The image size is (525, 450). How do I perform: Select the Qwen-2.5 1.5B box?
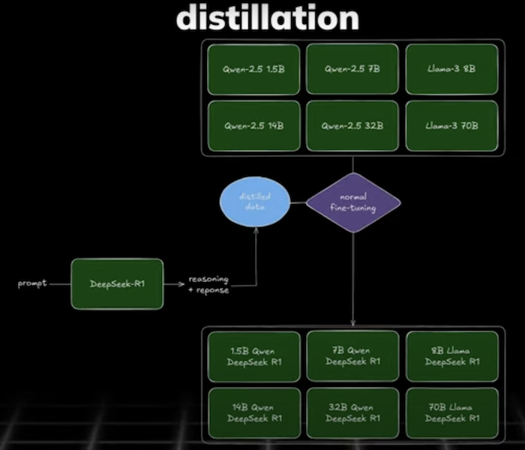point(253,69)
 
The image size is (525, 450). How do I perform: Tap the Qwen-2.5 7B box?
point(352,69)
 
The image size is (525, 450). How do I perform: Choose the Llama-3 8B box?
point(451,69)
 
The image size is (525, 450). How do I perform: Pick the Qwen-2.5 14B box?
point(253,125)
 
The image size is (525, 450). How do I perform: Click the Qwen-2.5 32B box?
point(352,125)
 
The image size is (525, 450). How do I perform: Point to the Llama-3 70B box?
point(451,125)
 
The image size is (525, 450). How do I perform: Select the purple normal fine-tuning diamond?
point(352,202)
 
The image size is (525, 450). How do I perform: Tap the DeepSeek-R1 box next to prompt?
point(116,284)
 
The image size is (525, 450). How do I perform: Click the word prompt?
point(32,283)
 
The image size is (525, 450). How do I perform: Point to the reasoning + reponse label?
point(208,284)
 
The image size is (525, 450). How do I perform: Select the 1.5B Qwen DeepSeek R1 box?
point(253,356)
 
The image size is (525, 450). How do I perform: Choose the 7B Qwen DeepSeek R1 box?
point(352,356)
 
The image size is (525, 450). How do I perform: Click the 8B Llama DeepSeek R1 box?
point(451,356)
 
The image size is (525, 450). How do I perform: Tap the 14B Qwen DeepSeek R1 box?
point(253,412)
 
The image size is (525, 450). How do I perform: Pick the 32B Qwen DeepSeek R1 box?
point(352,412)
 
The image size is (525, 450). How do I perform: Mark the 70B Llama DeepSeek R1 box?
point(451,412)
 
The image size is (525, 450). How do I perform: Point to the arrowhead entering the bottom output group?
point(352,322)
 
